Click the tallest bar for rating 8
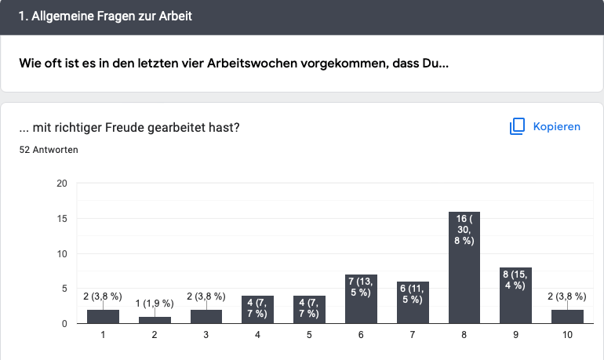pyautogui.click(x=464, y=267)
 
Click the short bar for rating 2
pyautogui.click(x=155, y=320)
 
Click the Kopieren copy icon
pyautogui.click(x=516, y=126)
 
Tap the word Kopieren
pyautogui.click(x=556, y=126)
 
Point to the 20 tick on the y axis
pyautogui.click(x=61, y=184)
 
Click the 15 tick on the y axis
pyautogui.click(x=61, y=219)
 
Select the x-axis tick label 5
pyautogui.click(x=309, y=335)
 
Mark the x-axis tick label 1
pyautogui.click(x=103, y=335)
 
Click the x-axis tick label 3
pyautogui.click(x=206, y=335)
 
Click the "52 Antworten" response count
pyautogui.click(x=49, y=149)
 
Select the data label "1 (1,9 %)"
pyautogui.click(x=154, y=303)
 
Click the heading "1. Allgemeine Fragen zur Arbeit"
pyautogui.click(x=105, y=16)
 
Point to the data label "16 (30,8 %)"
pyautogui.click(x=464, y=229)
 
